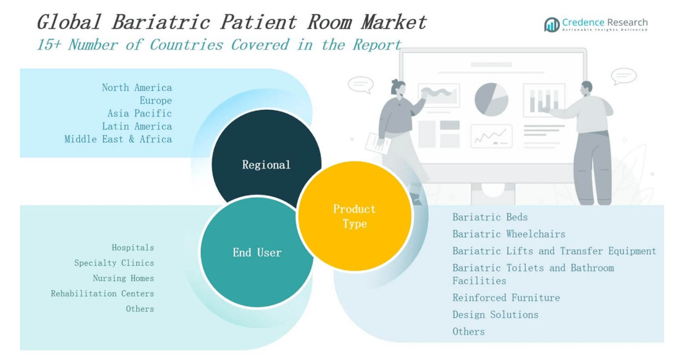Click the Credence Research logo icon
pyautogui.click(x=552, y=24)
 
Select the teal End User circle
pyautogui.click(x=256, y=252)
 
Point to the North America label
pyautogui.click(x=137, y=87)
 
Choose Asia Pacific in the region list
pyautogui.click(x=139, y=113)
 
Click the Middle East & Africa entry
pyautogui.click(x=118, y=139)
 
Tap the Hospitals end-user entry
pyautogui.click(x=133, y=248)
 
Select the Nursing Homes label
pyautogui.click(x=123, y=278)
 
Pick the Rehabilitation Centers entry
pyautogui.click(x=103, y=293)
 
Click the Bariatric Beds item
pyautogui.click(x=490, y=217)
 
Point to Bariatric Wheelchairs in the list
pyautogui.click(x=509, y=234)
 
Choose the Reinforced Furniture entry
pyautogui.click(x=506, y=298)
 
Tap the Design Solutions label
pyautogui.click(x=496, y=314)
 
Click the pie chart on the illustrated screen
pyautogui.click(x=491, y=99)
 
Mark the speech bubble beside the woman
pyautogui.click(x=360, y=84)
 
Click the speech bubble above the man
pyautogui.click(x=623, y=76)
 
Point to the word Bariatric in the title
pyautogui.click(x=160, y=22)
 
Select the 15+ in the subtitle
pyautogui.click(x=49, y=45)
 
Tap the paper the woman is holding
pyautogui.click(x=378, y=143)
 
